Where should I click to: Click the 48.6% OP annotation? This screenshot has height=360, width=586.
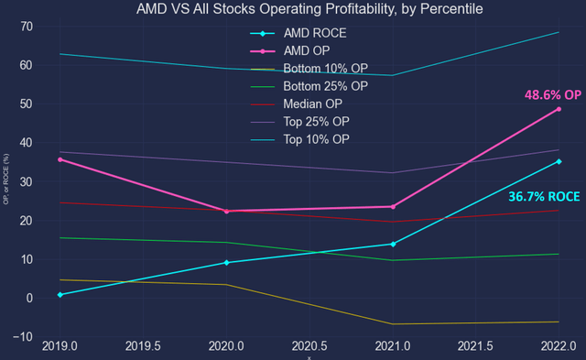point(551,94)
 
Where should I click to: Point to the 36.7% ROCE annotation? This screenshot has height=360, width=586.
point(545,196)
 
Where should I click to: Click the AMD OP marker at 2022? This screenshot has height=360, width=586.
point(559,109)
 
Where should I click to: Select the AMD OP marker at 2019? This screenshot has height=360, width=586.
point(60,159)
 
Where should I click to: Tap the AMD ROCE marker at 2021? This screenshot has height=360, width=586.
point(392,244)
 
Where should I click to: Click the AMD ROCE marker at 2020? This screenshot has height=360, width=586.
point(226,263)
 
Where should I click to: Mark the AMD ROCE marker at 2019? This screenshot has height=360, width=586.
point(60,295)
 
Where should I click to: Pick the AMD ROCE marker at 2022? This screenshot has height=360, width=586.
point(559,161)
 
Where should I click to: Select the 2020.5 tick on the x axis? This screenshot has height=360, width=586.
point(309,348)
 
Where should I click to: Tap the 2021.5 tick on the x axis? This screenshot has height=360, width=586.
point(475,348)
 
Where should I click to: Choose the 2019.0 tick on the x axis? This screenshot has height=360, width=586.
point(60,348)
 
